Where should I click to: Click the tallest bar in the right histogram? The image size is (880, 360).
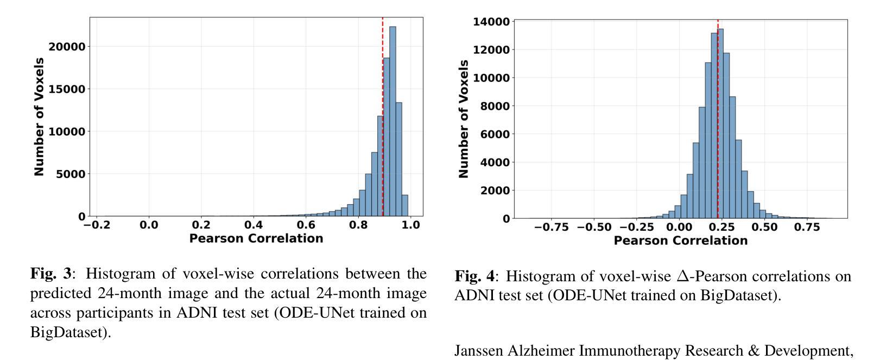click(720, 125)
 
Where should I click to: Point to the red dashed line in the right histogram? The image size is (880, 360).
click(718, 136)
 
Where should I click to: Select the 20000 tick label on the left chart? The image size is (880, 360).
click(67, 47)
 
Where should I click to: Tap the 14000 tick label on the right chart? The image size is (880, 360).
click(491, 22)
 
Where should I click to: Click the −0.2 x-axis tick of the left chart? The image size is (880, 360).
click(97, 225)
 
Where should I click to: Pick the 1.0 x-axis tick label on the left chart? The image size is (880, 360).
click(410, 225)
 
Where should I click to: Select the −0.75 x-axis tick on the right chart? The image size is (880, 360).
click(552, 228)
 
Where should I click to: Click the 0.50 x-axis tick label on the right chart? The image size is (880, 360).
click(765, 228)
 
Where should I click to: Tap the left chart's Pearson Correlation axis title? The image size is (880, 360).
click(256, 238)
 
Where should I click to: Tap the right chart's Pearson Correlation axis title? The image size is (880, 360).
click(681, 241)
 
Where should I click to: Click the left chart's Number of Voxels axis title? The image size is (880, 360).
click(39, 117)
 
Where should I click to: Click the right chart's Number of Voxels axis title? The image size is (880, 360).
click(463, 119)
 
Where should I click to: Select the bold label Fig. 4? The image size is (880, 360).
click(475, 276)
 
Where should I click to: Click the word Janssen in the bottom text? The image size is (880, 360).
click(478, 351)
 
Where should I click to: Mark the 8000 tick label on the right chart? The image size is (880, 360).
click(495, 106)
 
